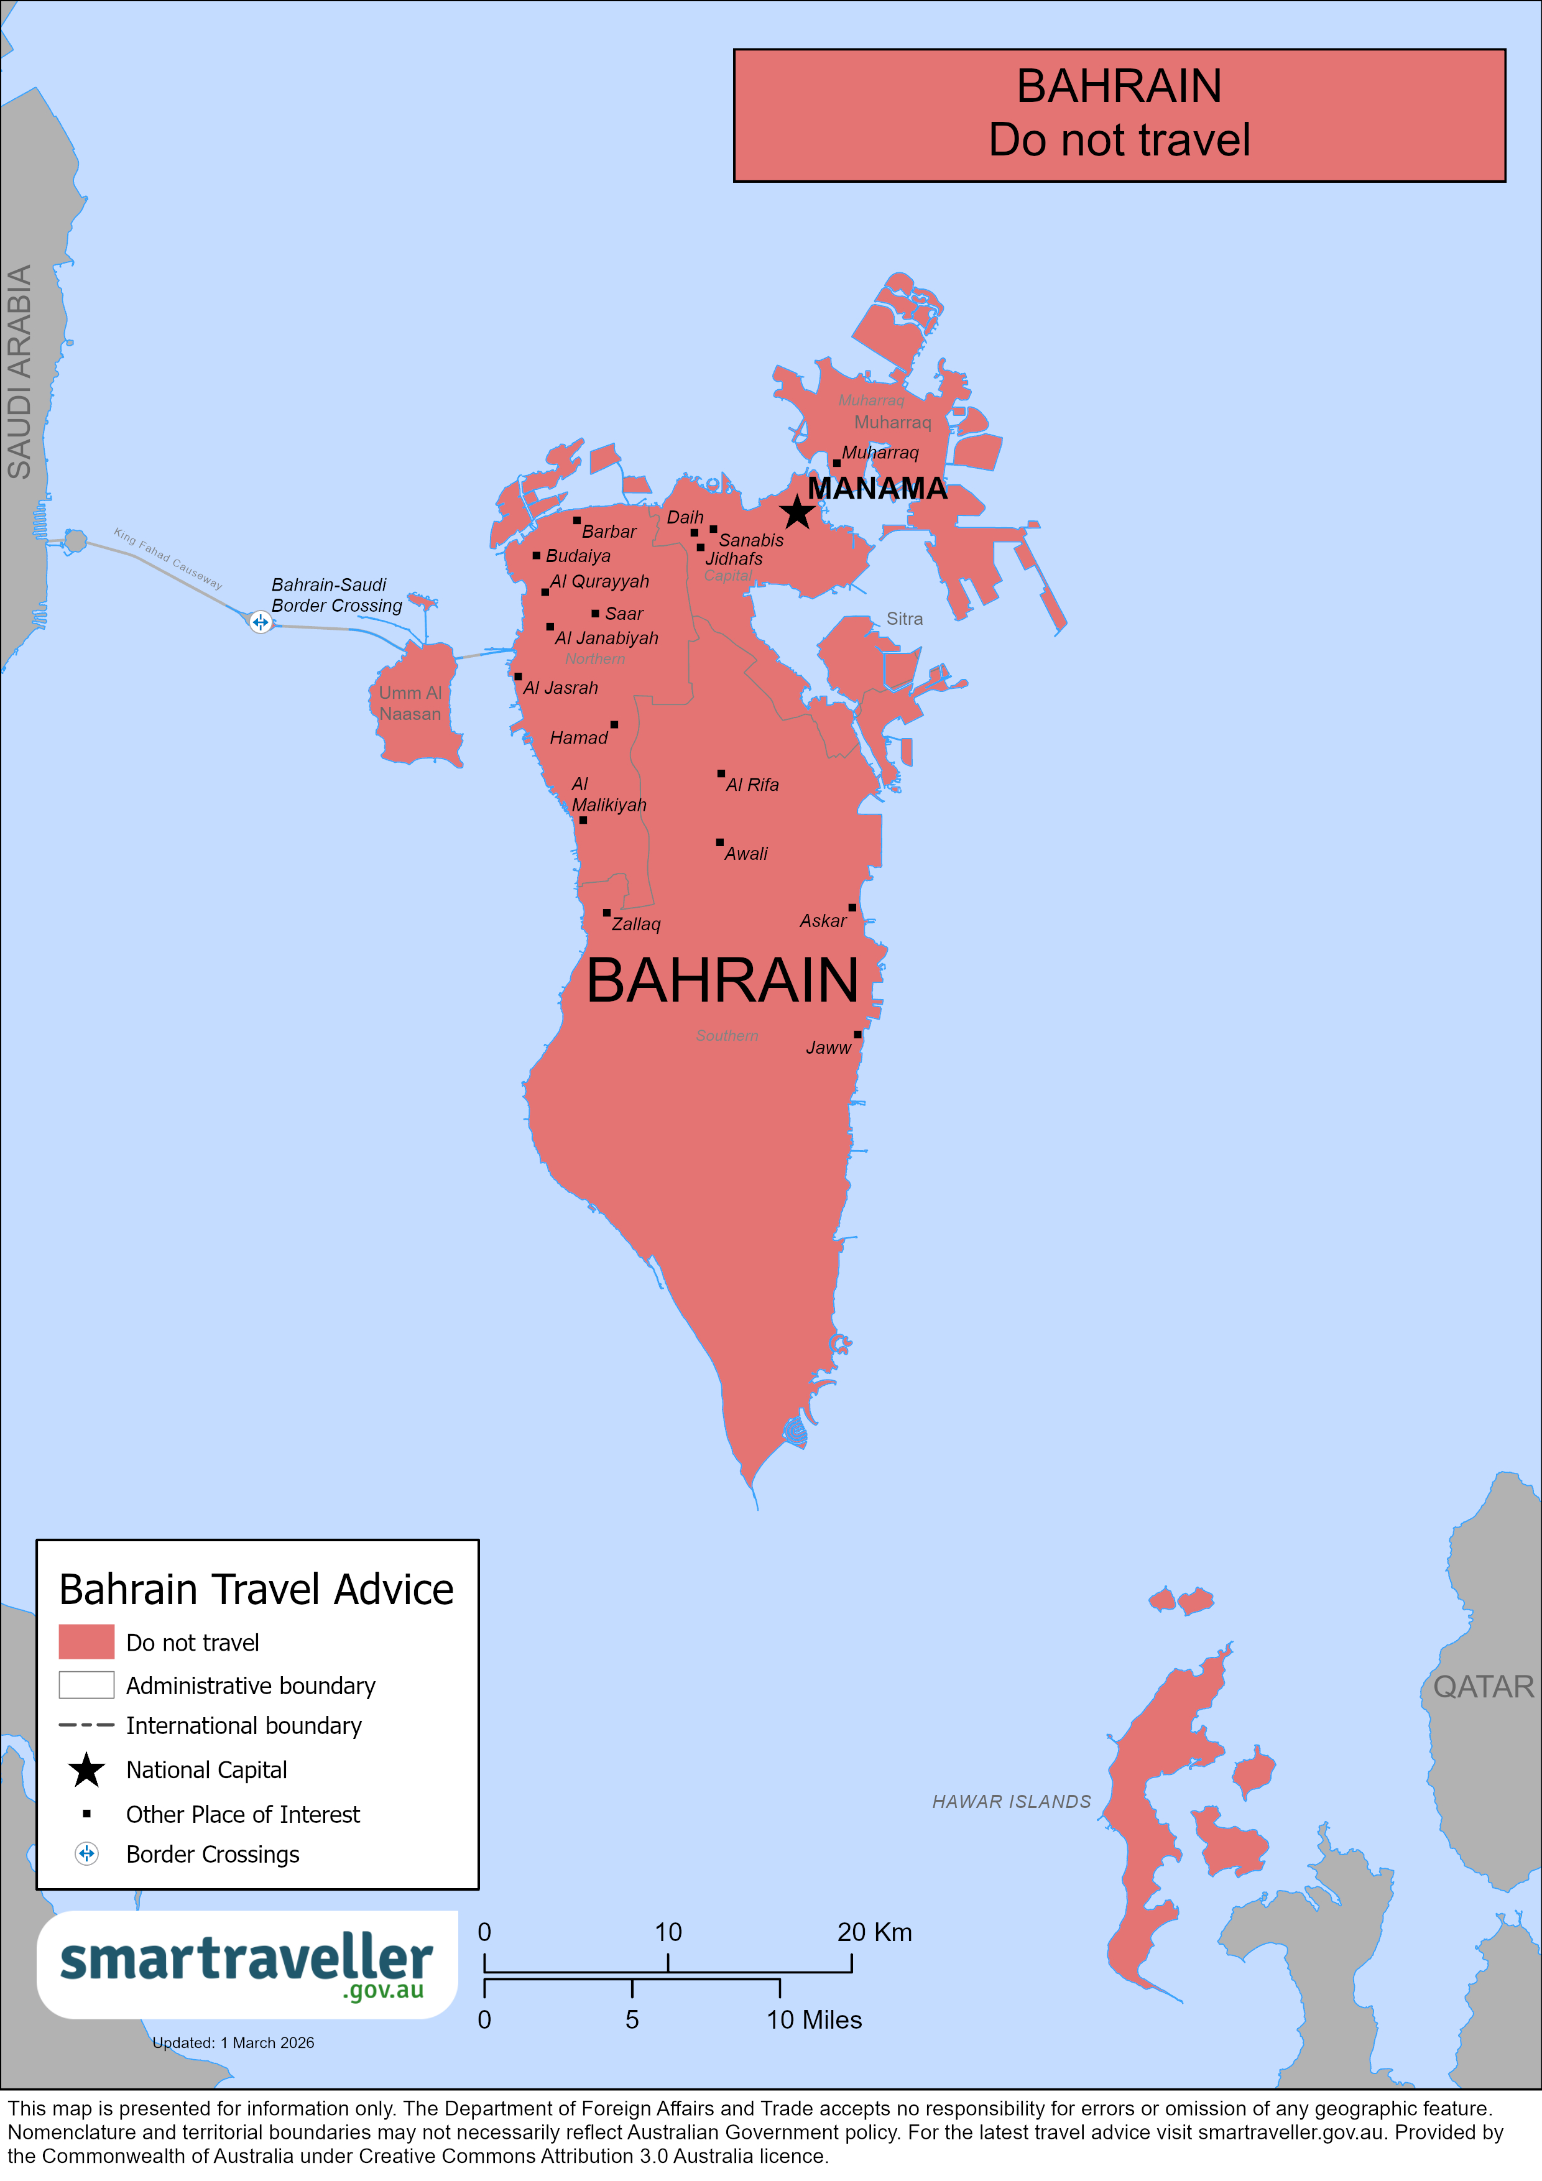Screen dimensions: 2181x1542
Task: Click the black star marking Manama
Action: click(x=797, y=512)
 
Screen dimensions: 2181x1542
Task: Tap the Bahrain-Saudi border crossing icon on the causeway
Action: click(x=261, y=622)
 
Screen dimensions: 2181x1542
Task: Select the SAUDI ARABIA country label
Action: click(x=20, y=371)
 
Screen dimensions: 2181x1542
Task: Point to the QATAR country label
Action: click(x=1482, y=1686)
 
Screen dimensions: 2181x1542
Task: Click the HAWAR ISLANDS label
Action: click(x=1011, y=1801)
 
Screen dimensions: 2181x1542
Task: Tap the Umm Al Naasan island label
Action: click(x=410, y=703)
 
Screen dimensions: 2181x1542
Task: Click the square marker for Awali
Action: click(x=719, y=842)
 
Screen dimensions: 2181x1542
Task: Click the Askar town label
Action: click(x=822, y=921)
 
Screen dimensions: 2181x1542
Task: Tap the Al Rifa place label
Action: click(x=752, y=785)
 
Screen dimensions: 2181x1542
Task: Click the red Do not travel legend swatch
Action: click(x=86, y=1641)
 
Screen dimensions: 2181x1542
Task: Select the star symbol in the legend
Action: click(x=86, y=1769)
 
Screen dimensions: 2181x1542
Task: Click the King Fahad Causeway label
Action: click(x=168, y=558)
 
